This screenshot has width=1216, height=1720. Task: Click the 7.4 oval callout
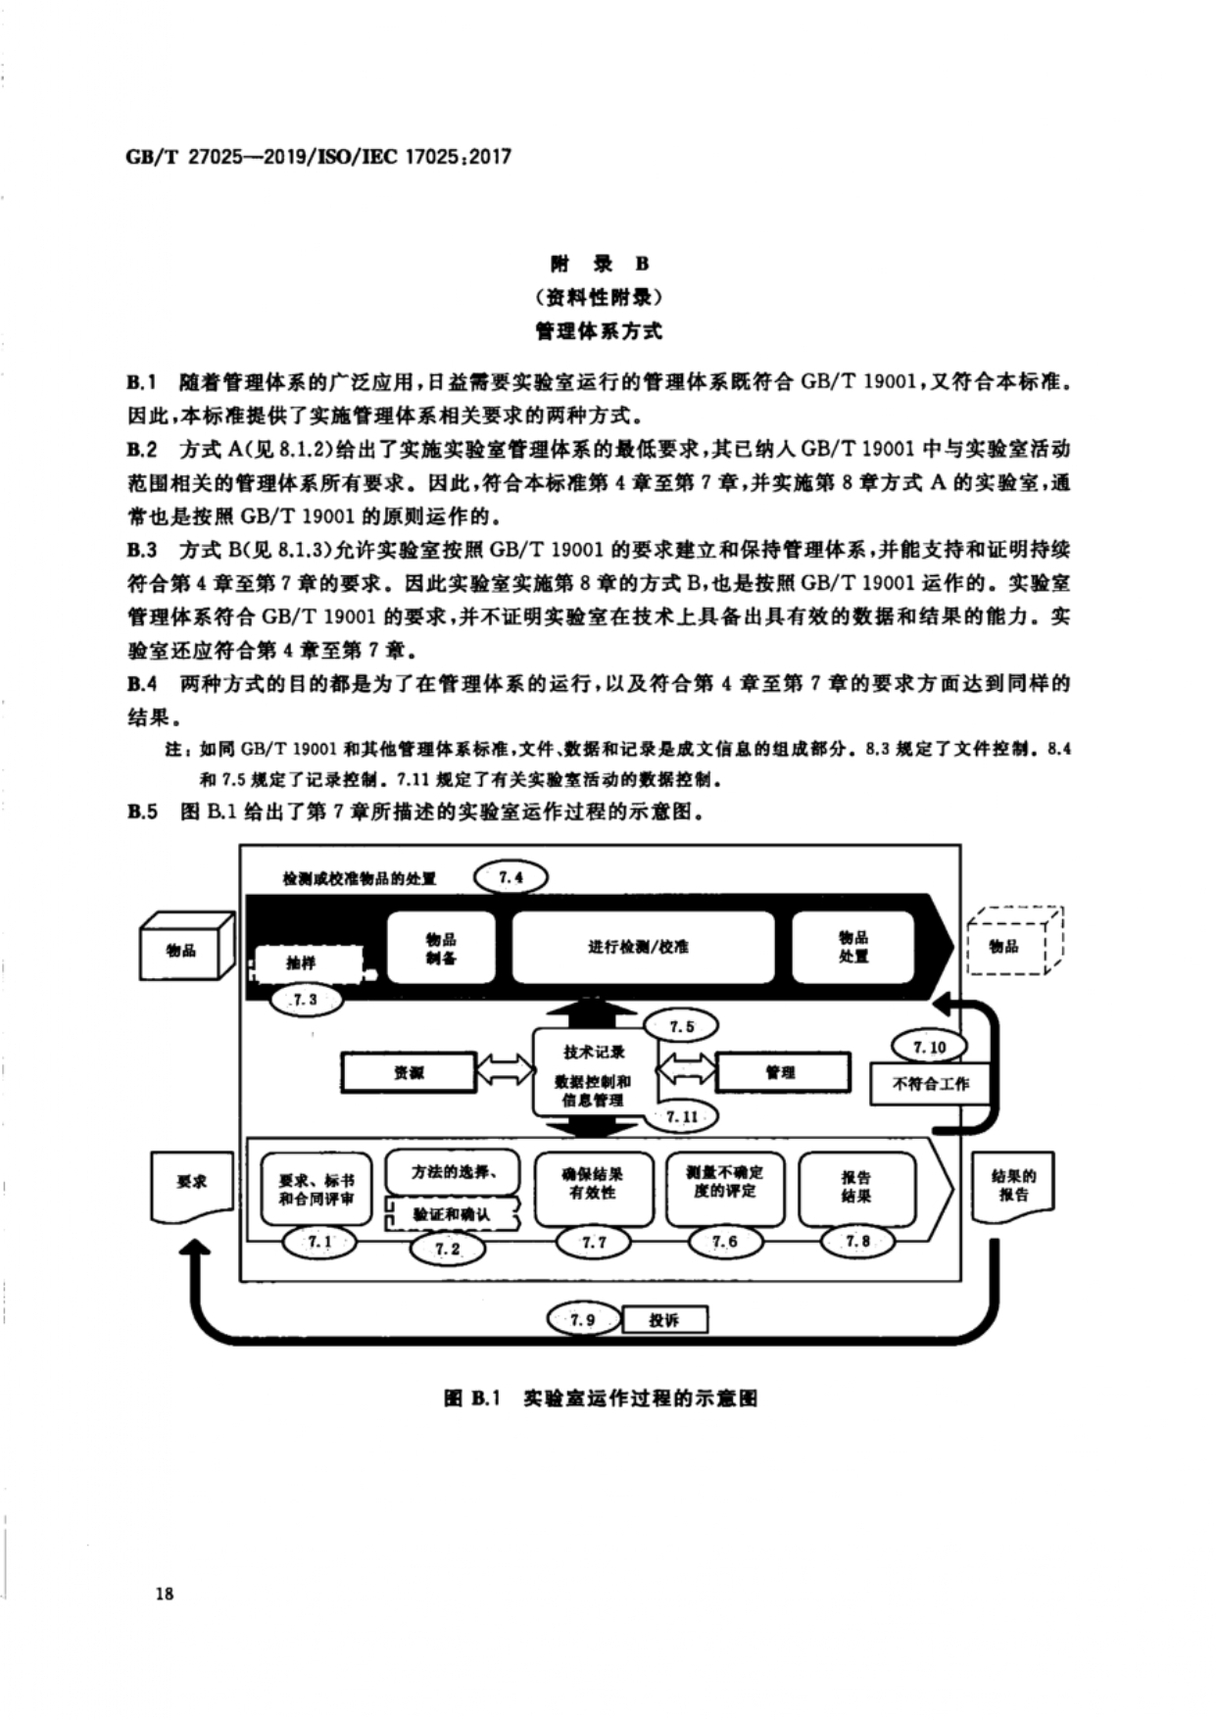click(x=511, y=877)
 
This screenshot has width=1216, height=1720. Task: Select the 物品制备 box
click(x=441, y=947)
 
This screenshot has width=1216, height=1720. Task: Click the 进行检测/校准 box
click(x=643, y=947)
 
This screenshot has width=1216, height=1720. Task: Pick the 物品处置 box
click(x=852, y=947)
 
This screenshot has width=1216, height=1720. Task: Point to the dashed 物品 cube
click(x=1009, y=946)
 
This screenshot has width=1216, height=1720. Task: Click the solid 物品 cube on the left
click(x=184, y=950)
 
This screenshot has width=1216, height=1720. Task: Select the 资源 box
click(x=408, y=1073)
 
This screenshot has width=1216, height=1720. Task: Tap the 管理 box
click(x=783, y=1073)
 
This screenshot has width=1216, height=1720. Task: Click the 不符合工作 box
click(x=930, y=1083)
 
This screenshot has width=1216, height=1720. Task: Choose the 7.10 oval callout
click(x=929, y=1047)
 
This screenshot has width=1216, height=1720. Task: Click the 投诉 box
click(x=664, y=1320)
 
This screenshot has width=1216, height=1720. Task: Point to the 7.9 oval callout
click(x=583, y=1320)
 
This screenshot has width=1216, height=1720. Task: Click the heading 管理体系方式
click(x=599, y=331)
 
